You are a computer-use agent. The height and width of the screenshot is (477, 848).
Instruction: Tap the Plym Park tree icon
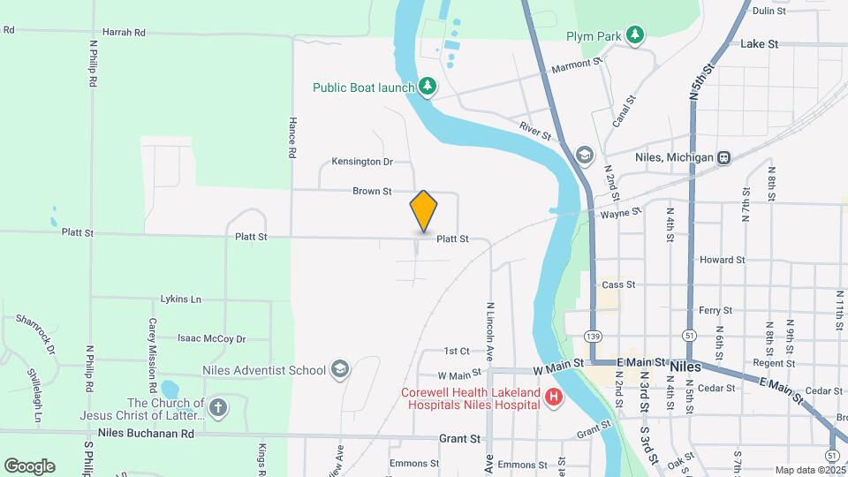[x=634, y=35]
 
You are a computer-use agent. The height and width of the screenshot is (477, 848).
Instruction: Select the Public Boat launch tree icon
[x=428, y=86]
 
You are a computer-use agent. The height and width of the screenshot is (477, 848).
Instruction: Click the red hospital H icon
[x=554, y=398]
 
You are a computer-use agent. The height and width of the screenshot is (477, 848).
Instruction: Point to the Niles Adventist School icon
[x=339, y=370]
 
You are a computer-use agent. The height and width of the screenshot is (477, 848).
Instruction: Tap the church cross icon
[x=218, y=408]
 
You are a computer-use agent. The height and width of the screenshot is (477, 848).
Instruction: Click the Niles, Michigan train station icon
[x=723, y=157]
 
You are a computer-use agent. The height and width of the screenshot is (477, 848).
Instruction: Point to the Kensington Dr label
[x=361, y=162]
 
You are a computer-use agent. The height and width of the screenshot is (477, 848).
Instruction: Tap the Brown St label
[x=372, y=191]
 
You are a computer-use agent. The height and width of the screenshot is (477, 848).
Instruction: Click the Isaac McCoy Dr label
[x=211, y=338]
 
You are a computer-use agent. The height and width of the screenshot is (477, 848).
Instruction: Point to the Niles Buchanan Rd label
[x=146, y=433]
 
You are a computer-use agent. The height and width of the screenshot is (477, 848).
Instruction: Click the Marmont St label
[x=576, y=64]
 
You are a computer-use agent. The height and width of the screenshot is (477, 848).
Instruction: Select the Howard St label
[x=722, y=261]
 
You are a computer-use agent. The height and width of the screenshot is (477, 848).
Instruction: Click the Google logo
[x=29, y=466]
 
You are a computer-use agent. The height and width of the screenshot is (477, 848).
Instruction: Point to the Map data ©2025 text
[x=808, y=470]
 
